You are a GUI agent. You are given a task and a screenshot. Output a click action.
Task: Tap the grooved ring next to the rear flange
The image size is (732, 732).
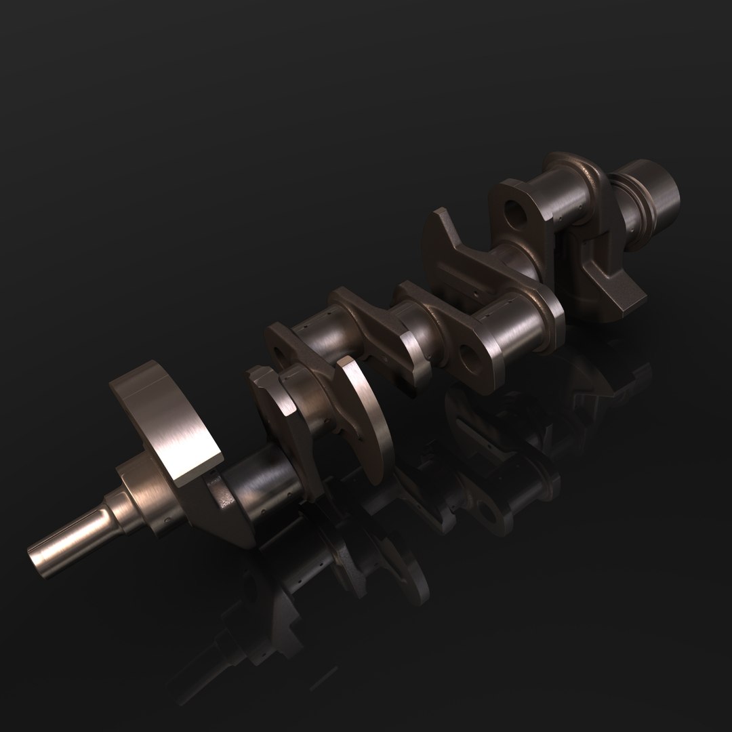627,203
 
